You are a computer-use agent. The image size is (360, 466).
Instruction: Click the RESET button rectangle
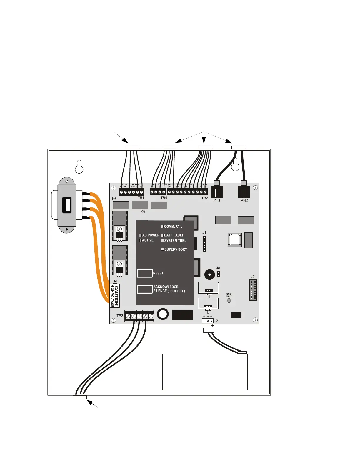click(145, 273)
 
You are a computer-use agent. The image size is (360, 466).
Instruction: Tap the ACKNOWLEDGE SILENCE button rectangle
click(145, 289)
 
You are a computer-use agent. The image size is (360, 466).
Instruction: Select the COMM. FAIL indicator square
click(162, 227)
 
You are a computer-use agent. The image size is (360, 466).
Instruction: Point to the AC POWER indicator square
click(141, 235)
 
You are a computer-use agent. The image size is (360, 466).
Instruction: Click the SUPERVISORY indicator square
click(162, 249)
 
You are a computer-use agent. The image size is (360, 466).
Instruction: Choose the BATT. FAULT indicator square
click(162, 235)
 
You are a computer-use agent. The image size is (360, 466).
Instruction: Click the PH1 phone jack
click(217, 192)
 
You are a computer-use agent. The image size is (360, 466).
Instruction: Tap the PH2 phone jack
click(244, 192)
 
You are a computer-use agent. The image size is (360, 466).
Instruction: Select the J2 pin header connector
click(253, 290)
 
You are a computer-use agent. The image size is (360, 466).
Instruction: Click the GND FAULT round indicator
click(229, 301)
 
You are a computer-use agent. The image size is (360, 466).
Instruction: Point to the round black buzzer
click(210, 275)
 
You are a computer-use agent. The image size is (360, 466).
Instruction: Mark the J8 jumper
click(218, 274)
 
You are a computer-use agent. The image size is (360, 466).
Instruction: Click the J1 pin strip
click(204, 244)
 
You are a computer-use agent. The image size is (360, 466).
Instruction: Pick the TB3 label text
click(120, 316)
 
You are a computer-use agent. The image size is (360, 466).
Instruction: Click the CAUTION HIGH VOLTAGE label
click(115, 296)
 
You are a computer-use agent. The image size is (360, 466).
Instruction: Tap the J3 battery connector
click(208, 321)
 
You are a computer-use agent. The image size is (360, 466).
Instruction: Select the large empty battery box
click(205, 372)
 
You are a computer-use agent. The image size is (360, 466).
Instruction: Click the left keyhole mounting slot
click(79, 167)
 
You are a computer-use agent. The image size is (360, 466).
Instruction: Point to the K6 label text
click(114, 199)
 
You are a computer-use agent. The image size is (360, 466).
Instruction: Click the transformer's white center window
click(67, 205)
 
